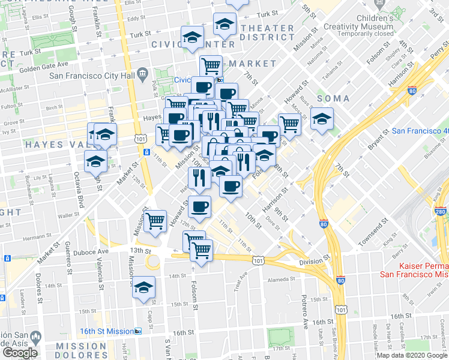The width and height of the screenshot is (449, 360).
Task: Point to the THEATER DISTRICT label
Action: (267, 32)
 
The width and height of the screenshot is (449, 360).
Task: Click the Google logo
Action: (20, 353)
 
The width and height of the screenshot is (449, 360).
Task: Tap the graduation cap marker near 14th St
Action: (144, 287)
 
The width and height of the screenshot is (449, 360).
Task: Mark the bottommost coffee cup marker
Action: (200, 207)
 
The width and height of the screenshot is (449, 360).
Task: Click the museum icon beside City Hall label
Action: (142, 74)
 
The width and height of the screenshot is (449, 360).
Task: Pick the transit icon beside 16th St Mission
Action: (138, 331)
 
